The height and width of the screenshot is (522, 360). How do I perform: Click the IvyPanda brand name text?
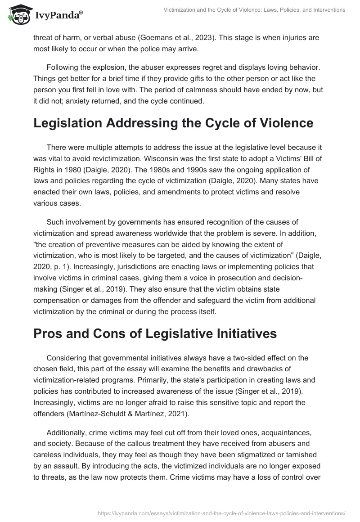click(x=58, y=16)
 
